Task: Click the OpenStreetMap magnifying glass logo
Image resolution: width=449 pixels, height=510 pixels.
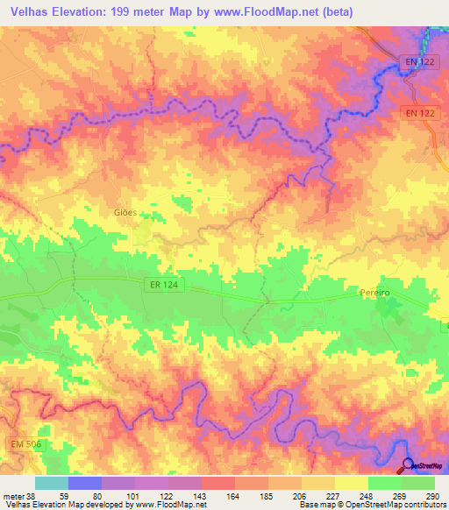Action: [408, 466]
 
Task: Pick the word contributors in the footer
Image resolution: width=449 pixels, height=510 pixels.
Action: [420, 505]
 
